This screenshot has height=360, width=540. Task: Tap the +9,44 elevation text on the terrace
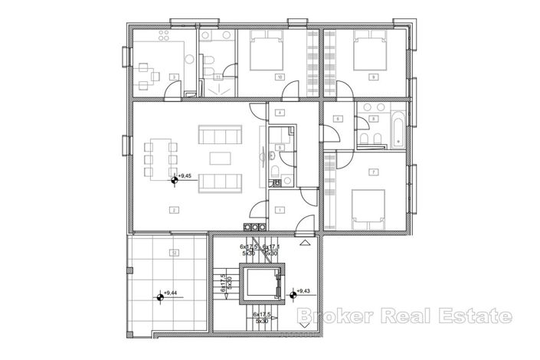(172, 293)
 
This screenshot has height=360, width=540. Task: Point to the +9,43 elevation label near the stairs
(305, 291)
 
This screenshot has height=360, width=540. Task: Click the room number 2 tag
(175, 209)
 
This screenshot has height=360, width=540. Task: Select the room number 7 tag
(372, 172)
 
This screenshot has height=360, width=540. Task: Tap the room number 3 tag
(175, 77)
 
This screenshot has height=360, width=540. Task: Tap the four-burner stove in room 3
(163, 37)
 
